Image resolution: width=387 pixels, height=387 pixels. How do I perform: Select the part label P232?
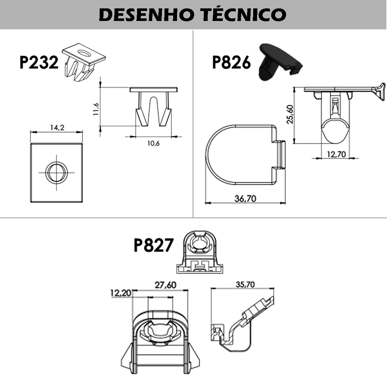(x=39, y=62)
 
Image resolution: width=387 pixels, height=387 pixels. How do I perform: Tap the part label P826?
(x=231, y=62)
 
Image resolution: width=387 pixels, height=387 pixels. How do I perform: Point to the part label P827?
(x=154, y=245)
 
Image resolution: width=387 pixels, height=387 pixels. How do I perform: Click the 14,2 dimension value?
(x=57, y=127)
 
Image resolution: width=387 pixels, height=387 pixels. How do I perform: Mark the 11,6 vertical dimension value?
(x=96, y=109)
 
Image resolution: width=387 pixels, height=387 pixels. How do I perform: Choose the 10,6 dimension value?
(x=154, y=143)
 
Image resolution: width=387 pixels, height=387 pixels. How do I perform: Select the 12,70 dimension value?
(x=336, y=154)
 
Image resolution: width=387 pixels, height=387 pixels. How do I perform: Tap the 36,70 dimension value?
(x=245, y=199)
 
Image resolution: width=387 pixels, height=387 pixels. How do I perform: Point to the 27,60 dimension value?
(x=165, y=285)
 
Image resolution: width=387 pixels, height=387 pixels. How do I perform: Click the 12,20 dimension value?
(x=121, y=293)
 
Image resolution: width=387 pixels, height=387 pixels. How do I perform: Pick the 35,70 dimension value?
(x=245, y=284)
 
